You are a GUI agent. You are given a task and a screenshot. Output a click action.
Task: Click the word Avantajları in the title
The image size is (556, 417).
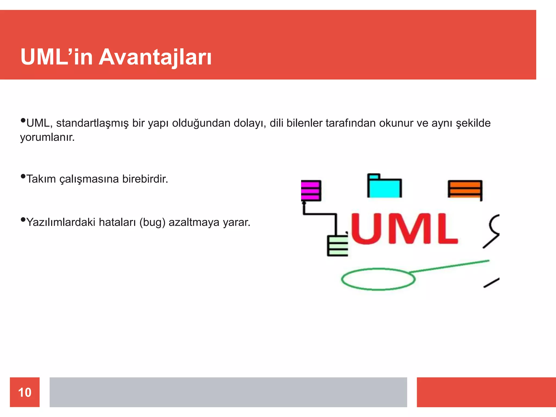tap(155, 57)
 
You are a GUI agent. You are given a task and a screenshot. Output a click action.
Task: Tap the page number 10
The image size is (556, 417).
tap(25, 392)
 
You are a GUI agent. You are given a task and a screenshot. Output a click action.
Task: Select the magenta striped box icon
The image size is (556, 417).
tap(311, 191)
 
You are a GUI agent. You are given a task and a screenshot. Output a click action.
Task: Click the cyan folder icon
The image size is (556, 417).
tap(384, 187)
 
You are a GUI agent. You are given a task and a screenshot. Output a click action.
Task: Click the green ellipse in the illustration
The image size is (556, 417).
tap(378, 279)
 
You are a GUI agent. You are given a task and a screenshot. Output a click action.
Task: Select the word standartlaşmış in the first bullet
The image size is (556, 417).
tap(92, 123)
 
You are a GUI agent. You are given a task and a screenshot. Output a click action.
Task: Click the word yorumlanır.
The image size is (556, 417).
tap(47, 137)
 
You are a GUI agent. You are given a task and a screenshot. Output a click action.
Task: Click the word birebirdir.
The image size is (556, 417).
tap(145, 179)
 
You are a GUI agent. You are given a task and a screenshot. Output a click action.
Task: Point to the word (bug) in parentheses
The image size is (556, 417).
tap(152, 222)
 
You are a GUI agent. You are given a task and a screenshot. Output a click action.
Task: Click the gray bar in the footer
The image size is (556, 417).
tap(228, 392)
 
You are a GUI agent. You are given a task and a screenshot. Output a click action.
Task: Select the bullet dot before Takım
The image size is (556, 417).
tap(23, 176)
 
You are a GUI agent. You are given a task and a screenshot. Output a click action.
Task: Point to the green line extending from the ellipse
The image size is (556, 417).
tap(449, 266)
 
